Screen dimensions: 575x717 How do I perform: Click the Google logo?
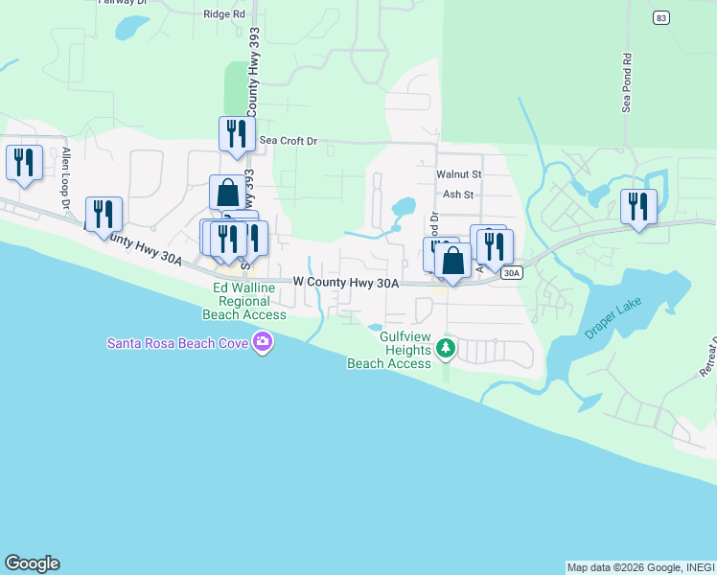coord(32,563)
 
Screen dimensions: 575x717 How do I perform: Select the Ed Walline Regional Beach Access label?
coord(244,301)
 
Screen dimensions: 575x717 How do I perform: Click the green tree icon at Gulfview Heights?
coord(445,350)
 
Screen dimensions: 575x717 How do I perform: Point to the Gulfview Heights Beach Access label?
coord(389,350)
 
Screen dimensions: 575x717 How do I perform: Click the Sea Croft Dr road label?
coord(288,141)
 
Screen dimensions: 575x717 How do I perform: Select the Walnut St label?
coord(458,175)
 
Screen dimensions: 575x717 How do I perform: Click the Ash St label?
coord(458,194)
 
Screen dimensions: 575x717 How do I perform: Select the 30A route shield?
coord(511,273)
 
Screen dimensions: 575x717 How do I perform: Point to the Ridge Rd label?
coord(224,14)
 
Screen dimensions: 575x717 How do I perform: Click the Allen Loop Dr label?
coord(67,179)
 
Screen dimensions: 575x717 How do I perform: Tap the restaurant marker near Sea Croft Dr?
coord(236,134)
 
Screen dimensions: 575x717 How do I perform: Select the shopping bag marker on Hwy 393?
coord(227,193)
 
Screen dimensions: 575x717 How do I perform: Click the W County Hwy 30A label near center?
coord(345,283)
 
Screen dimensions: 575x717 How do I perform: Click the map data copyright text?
coord(639,567)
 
